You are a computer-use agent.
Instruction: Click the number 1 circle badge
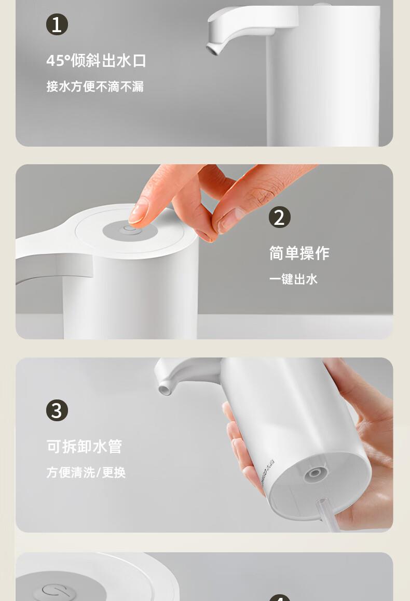(x=57, y=24)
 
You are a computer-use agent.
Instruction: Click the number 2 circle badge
(x=280, y=217)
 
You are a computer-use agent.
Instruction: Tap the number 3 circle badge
(x=57, y=410)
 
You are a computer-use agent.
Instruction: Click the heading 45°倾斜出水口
(x=96, y=61)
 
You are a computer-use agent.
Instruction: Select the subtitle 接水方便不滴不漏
(x=95, y=86)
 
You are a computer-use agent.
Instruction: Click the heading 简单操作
(x=299, y=253)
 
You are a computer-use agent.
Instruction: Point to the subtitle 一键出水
(x=293, y=279)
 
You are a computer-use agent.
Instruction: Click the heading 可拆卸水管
(x=84, y=447)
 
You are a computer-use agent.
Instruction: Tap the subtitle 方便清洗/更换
(x=86, y=472)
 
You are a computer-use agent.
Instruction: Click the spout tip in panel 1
(x=212, y=48)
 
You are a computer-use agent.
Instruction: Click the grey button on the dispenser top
(x=130, y=231)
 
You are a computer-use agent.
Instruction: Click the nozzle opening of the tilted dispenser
(x=165, y=390)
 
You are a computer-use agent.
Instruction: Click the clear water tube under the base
(x=326, y=514)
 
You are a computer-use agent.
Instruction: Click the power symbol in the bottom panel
(x=56, y=591)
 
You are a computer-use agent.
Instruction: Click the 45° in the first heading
(x=58, y=61)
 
